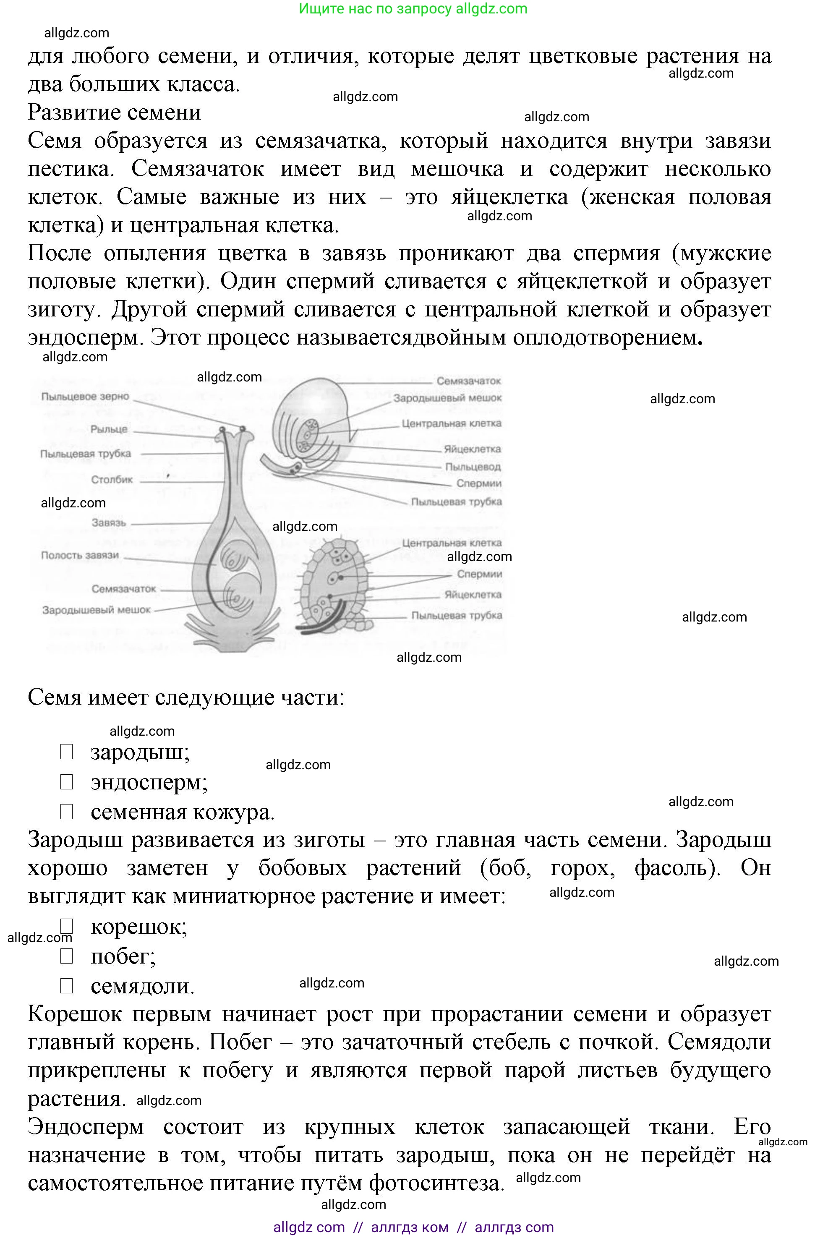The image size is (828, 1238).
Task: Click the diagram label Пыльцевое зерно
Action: (85, 397)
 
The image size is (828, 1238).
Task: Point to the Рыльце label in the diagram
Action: (109, 429)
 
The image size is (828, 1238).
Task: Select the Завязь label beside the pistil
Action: (109, 522)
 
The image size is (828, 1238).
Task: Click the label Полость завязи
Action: (80, 555)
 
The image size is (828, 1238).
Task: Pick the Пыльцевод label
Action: (473, 467)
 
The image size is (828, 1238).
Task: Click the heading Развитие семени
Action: (115, 112)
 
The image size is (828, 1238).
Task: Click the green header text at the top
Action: (413, 9)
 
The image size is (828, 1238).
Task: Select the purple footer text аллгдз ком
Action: (410, 1228)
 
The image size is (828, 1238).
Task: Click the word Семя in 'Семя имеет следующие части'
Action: (55, 697)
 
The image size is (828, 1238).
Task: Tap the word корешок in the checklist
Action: (139, 927)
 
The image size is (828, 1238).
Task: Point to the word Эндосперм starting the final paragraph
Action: (86, 1127)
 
